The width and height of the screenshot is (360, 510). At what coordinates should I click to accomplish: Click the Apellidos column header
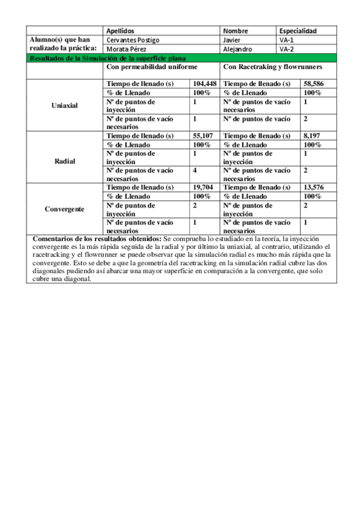[x=120, y=31]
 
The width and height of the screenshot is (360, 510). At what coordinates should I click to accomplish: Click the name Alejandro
[x=237, y=49]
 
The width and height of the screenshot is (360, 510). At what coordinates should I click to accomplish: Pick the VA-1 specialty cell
[x=287, y=40]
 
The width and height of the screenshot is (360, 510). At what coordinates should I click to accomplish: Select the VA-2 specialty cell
[x=287, y=49]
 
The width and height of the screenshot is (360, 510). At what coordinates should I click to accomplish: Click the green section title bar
[x=180, y=58]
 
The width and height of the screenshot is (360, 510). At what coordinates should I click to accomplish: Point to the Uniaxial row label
[x=65, y=106]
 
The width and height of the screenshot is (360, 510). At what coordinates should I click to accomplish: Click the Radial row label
[x=65, y=161]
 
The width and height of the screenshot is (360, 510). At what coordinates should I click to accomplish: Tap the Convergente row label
[x=65, y=209]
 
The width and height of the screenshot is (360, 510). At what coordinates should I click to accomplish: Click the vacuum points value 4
[x=195, y=170]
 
